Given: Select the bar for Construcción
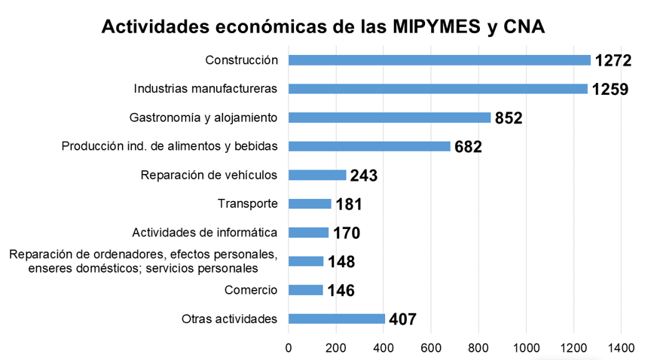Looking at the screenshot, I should pos(439,60).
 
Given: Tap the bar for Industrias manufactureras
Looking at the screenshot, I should pos(437,89).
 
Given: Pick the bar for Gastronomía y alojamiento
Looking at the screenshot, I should pos(389,117).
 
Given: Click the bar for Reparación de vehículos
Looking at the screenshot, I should pos(316,175).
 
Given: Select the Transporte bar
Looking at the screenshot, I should pos(310,203).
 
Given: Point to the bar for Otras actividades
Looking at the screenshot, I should pos(336,319).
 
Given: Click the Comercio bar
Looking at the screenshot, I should pos(305,290).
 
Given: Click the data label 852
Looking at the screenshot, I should pos(509,118).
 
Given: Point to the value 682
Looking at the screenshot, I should pos(468,147).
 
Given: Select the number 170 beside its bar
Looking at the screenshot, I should pos(346,233).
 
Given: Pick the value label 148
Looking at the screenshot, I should pos(341,262).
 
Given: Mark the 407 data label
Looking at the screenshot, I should pos(402,319).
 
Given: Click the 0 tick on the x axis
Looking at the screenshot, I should pos(289,347).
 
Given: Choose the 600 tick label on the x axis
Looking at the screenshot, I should pos(431,347).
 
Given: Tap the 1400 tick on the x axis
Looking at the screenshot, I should pos(621,347).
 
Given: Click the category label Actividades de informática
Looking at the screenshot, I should pos(204,232).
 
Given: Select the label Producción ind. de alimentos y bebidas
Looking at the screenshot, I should pos(170,145).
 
